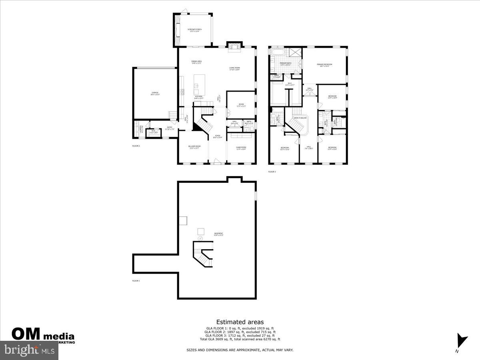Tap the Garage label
[155, 94]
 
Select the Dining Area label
[196, 62]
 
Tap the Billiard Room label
[194, 147]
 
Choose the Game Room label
[241, 148]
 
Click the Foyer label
[218, 136]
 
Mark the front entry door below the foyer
[217, 162]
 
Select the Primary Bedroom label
[325, 65]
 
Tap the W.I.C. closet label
[290, 84]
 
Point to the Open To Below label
[300, 118]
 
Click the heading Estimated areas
[240, 322]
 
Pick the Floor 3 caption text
[272, 172]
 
